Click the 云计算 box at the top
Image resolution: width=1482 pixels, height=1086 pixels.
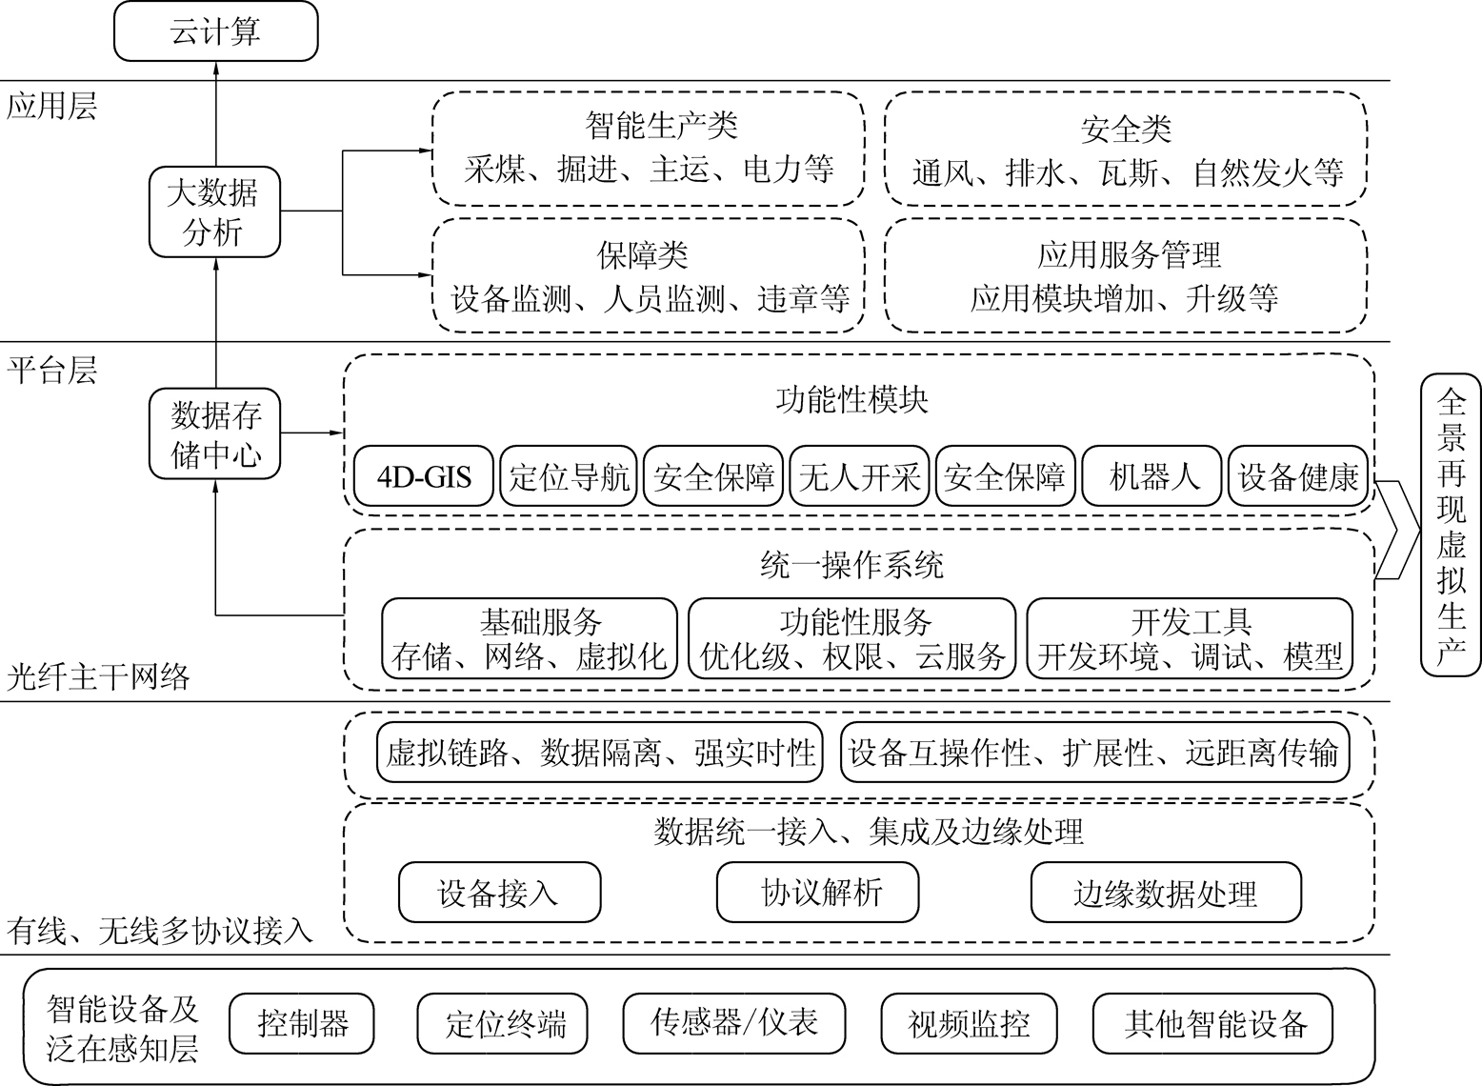215,32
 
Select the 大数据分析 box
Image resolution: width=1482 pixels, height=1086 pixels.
214,212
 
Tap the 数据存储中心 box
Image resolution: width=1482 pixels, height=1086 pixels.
216,433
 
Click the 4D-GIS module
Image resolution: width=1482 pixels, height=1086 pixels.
424,475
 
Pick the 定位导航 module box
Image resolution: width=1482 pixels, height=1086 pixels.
570,475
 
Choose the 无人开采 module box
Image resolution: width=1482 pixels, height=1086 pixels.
860,475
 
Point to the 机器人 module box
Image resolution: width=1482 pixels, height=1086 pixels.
1151,475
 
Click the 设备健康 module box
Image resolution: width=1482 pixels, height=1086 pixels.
1297,475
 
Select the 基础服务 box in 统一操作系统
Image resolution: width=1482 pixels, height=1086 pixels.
530,638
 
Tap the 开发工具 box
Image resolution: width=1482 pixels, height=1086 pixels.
1190,638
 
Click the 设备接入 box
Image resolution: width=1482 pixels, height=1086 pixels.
499,893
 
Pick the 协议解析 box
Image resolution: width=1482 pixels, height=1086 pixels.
817,893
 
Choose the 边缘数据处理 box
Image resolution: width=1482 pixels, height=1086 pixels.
1165,893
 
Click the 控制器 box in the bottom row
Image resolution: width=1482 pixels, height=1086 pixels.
302,1024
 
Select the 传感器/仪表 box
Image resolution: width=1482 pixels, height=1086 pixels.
733,1024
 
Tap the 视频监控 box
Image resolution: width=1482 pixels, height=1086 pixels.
970,1024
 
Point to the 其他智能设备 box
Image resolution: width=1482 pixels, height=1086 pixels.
1212,1024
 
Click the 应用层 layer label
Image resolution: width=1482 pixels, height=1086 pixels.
51,106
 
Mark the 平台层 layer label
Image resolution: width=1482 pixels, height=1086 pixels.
51,370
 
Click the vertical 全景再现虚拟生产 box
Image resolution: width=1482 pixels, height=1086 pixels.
1450,525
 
